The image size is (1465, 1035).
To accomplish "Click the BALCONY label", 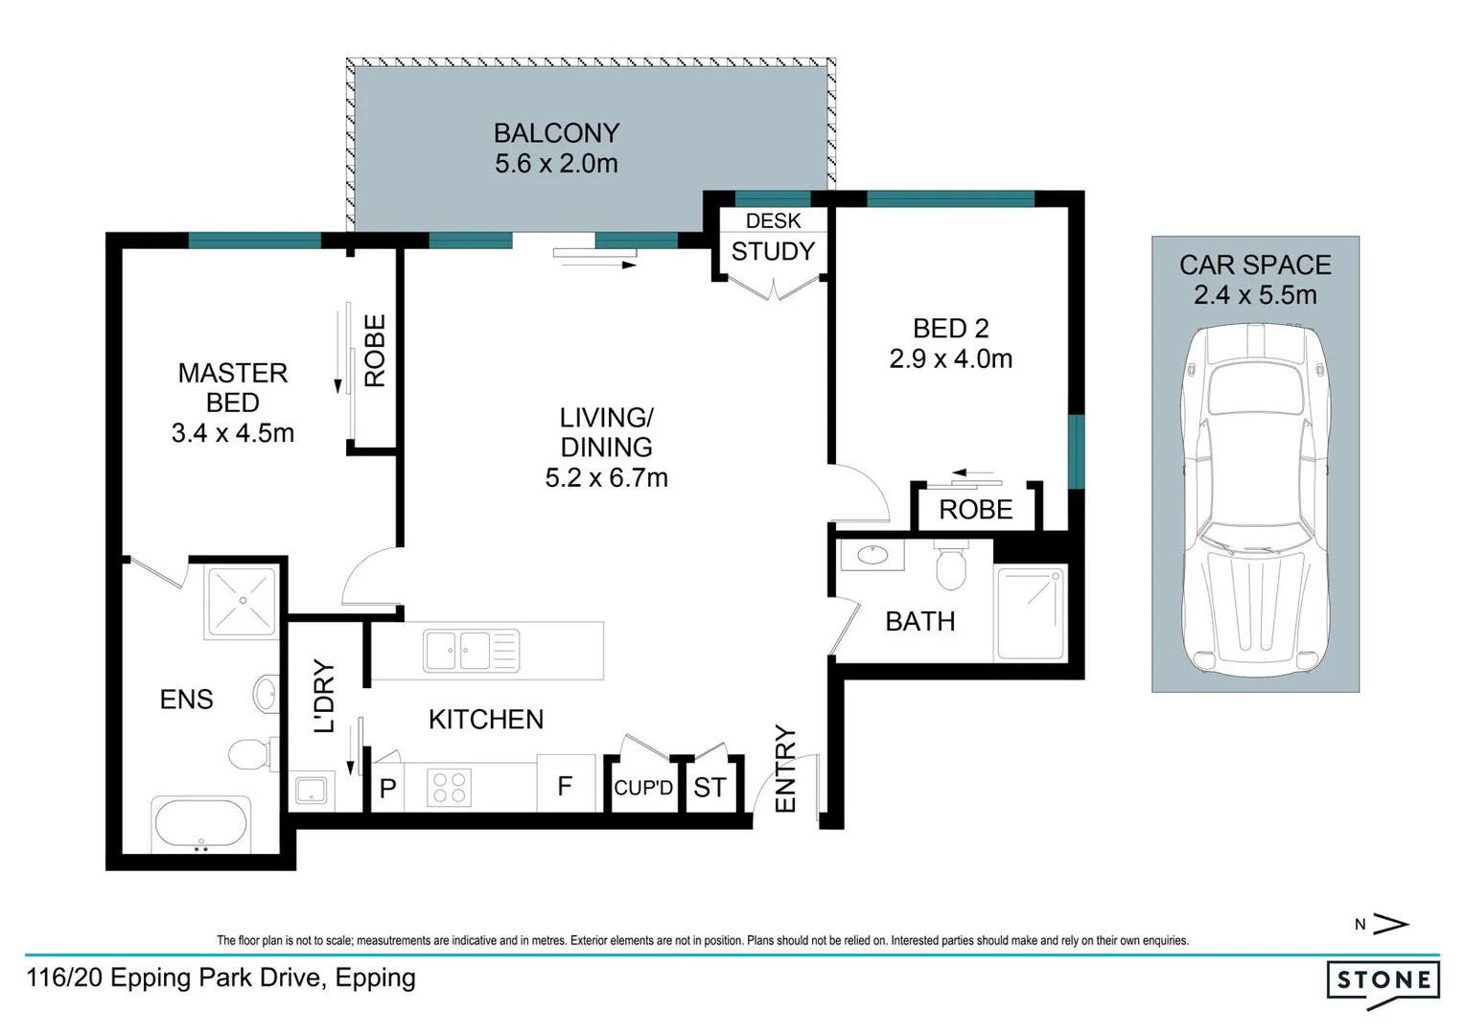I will (556, 133).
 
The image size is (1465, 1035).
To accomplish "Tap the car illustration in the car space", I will (1255, 498).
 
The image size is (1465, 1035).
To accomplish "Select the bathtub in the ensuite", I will (200, 823).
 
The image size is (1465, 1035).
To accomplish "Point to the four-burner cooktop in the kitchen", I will (449, 788).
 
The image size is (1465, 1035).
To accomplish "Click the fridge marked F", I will (565, 787).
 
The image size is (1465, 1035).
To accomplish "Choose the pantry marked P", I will (387, 789).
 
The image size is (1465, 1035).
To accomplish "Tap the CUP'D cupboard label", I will (643, 788).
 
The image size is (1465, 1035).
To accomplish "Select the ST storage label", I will (709, 788).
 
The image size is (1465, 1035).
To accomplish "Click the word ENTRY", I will (785, 769).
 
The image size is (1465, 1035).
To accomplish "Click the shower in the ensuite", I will (243, 602).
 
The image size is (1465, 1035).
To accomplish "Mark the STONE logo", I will (1383, 981).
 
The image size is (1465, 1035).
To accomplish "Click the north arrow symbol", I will (1390, 924).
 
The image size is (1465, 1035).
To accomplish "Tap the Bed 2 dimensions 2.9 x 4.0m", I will (950, 359).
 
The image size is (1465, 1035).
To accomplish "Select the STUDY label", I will (773, 252).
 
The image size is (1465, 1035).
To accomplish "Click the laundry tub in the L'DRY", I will (312, 791).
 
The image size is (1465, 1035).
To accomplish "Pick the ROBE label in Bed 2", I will (975, 510).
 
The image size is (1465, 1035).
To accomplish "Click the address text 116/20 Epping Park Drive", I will (221, 978).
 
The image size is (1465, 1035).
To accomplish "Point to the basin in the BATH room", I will (872, 555).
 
